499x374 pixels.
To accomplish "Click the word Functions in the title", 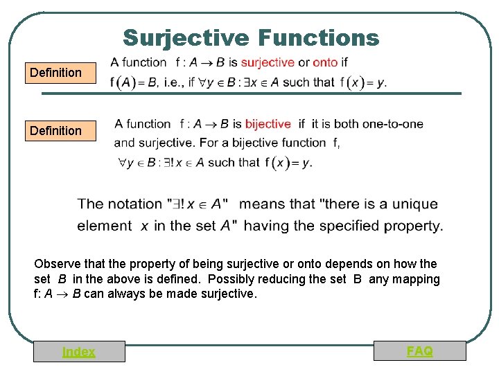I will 318,37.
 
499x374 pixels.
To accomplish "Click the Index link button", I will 79,352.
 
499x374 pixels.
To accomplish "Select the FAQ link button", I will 420,351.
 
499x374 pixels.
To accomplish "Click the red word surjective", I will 268,62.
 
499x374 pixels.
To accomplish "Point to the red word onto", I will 325,62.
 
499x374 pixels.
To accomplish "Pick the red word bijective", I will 268,124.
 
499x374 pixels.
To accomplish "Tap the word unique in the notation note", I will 415,204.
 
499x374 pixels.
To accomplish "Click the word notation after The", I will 135,204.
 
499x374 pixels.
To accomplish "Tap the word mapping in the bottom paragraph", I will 414,279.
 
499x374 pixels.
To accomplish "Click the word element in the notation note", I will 104,226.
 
